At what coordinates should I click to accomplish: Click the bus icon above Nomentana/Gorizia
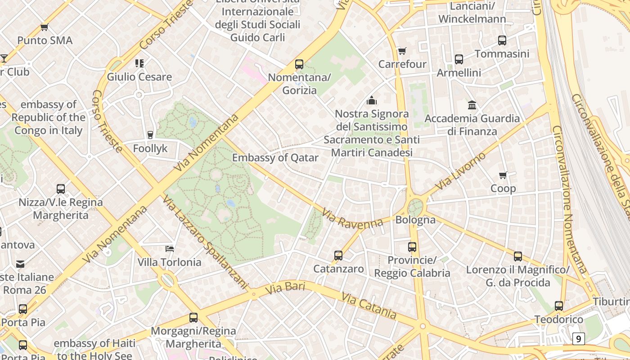click(x=299, y=64)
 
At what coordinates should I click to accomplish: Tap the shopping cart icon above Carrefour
click(x=402, y=51)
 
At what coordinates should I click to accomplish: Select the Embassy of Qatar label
click(x=275, y=157)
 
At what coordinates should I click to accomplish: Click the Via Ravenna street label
click(x=352, y=218)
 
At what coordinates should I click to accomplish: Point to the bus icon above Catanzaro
click(x=338, y=256)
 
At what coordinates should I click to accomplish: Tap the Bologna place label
click(x=415, y=220)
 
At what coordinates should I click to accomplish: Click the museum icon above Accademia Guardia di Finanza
click(x=472, y=105)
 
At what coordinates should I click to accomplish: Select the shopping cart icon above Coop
click(x=503, y=175)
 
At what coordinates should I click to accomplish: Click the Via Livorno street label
click(x=461, y=171)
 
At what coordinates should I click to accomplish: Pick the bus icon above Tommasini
click(x=502, y=40)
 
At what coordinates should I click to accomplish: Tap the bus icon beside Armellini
click(x=459, y=59)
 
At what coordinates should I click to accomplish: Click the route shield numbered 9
click(x=579, y=338)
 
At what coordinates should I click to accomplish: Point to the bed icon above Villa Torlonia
click(x=169, y=248)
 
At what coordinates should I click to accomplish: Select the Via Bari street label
click(x=285, y=288)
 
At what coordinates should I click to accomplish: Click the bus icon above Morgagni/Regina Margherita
click(x=193, y=318)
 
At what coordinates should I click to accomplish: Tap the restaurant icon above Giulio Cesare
click(x=139, y=63)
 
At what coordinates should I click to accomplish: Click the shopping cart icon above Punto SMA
click(x=44, y=27)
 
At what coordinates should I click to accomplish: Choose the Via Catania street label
click(x=369, y=305)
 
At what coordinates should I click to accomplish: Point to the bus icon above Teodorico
click(x=559, y=306)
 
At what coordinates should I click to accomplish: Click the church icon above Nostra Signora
click(x=371, y=100)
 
